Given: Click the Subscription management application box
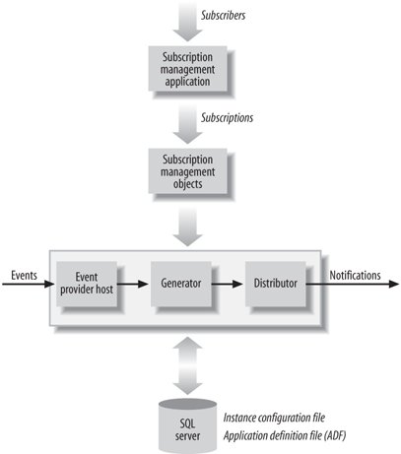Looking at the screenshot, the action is (x=187, y=69).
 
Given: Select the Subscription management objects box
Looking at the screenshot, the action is (x=187, y=171).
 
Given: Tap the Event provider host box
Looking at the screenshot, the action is (x=87, y=284).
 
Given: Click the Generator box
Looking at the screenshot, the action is (x=181, y=284).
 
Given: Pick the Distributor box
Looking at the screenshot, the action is (x=276, y=284).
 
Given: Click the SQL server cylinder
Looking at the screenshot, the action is (x=187, y=426).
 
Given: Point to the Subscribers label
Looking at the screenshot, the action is (x=223, y=16).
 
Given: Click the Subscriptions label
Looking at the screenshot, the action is (x=227, y=118).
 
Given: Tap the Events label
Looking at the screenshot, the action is (x=24, y=275).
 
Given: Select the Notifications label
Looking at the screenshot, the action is (x=355, y=275).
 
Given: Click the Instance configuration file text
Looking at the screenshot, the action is (x=274, y=418).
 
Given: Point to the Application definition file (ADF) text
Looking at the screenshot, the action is (x=285, y=436).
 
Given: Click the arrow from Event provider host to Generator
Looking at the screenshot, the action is (x=133, y=284).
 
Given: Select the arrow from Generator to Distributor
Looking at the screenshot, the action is (x=228, y=284).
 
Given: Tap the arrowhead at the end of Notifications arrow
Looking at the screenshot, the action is (x=394, y=284).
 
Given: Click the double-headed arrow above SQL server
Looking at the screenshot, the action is (x=187, y=365).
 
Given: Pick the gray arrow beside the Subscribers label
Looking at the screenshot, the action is (x=187, y=21).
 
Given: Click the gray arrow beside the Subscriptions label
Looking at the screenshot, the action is (x=187, y=124).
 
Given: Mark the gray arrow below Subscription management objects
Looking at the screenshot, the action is (x=187, y=227).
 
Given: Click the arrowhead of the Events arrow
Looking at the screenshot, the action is (x=49, y=284).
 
